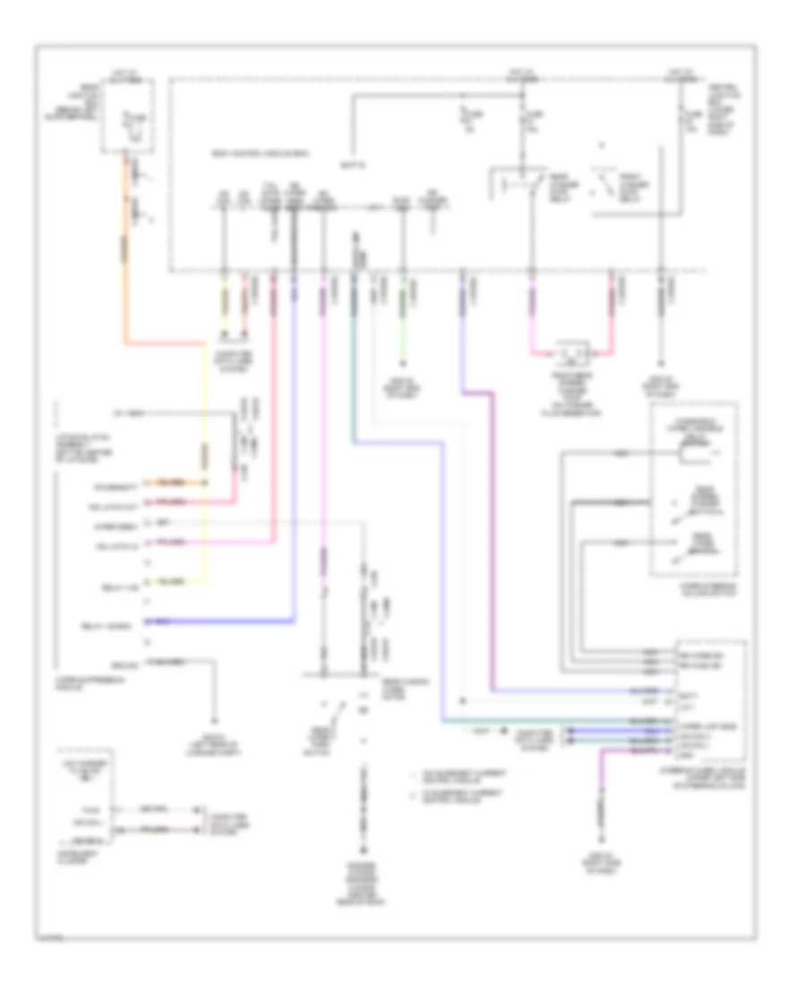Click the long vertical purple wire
492,537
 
